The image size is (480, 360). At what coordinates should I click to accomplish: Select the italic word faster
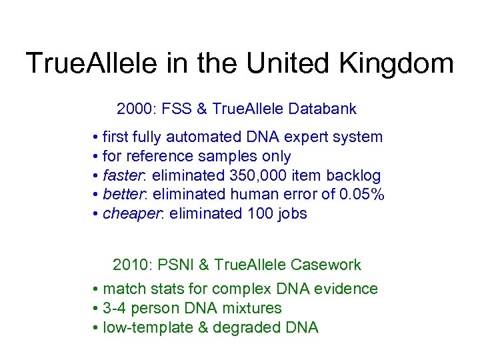125,176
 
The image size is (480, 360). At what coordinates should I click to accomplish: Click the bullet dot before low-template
97,327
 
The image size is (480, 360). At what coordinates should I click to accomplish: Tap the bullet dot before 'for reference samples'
97,157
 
